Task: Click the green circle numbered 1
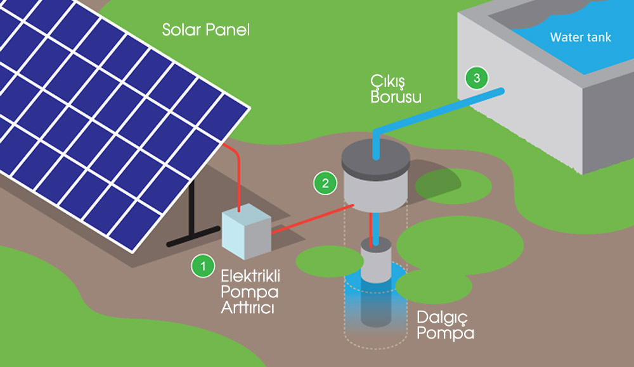tap(203, 266)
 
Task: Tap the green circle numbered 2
tap(325, 183)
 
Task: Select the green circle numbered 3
tap(476, 78)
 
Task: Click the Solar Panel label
tap(206, 30)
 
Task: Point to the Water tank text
tap(580, 37)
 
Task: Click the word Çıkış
tap(389, 83)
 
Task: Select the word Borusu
tap(396, 98)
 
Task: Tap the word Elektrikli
tap(250, 276)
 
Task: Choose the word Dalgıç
tap(439, 317)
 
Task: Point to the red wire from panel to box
tap(239, 177)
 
